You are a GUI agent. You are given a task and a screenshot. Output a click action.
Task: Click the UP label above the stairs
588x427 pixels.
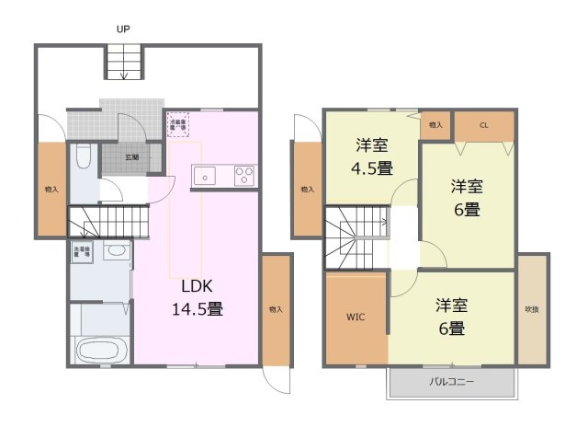122,29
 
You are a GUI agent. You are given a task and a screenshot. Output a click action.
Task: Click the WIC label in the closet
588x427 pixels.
356,317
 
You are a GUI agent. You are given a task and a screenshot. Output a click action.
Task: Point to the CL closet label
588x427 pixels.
484,124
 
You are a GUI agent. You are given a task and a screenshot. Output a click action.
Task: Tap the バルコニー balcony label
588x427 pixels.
451,381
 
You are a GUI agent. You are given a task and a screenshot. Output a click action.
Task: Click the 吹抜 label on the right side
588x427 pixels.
532,309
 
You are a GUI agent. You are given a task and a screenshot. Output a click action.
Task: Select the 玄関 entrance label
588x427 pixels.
131,157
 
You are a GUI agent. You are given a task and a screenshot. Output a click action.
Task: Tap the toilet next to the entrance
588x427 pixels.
82,158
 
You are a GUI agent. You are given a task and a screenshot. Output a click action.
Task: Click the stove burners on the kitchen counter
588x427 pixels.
245,174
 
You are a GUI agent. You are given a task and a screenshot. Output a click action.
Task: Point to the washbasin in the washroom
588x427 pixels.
116,251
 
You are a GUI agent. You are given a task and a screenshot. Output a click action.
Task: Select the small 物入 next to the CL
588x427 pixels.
435,124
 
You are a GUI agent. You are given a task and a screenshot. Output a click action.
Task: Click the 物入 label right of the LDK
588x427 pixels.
276,309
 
